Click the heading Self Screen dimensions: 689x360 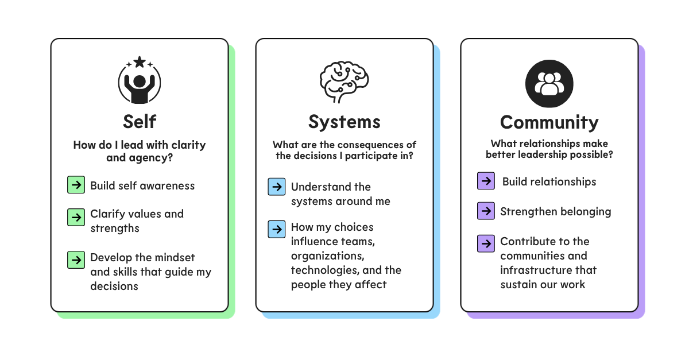pos(140,122)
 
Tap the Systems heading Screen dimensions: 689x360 pos(344,122)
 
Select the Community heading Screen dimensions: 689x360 pos(549,122)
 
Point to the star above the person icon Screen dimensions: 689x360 pos(140,62)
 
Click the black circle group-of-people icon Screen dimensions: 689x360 pos(549,84)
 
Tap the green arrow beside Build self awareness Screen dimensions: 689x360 pos(76,185)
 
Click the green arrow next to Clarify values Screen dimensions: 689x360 pos(76,217)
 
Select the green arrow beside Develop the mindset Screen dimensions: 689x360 pos(76,260)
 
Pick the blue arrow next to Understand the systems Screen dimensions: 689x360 pos(277,187)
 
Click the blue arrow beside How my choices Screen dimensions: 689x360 pos(277,229)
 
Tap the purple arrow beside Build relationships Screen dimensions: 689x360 pos(486,181)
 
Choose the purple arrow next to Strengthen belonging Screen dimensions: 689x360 pos(486,211)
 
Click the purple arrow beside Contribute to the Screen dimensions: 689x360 pos(486,243)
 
